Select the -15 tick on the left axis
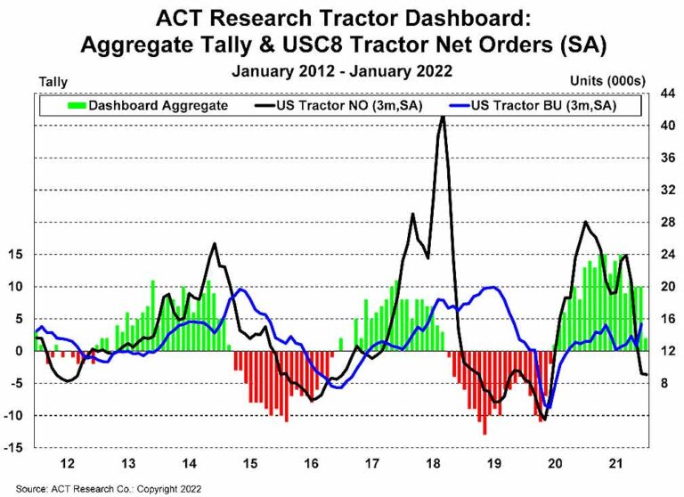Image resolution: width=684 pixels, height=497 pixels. pos(19,447)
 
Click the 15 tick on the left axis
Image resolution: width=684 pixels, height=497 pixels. pos(19,254)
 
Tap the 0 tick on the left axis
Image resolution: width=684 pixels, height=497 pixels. pos(24,351)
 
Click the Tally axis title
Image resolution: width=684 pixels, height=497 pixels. pos(53,82)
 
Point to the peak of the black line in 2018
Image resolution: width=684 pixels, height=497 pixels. pos(443,117)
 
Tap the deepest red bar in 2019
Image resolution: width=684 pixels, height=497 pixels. pos(484,433)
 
